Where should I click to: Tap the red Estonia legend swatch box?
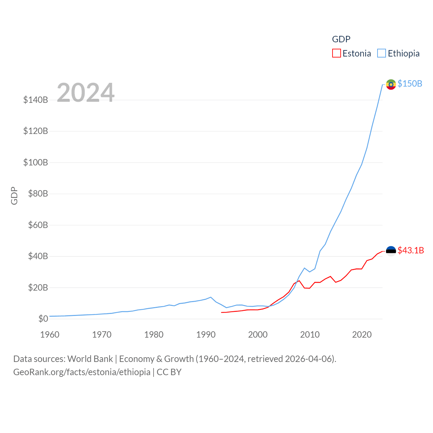click(336, 53)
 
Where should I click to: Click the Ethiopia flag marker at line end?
click(391, 84)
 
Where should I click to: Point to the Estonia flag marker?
click(391, 251)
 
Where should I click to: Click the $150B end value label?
click(410, 84)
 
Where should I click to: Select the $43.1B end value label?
click(411, 250)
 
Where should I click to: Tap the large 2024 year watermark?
click(86, 92)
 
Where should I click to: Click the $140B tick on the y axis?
click(36, 100)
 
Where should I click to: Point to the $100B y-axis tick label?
click(36, 162)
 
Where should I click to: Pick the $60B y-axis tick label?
click(38, 225)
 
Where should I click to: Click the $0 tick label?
click(43, 319)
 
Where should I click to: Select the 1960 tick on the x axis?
click(50, 335)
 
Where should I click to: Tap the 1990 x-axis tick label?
click(206, 335)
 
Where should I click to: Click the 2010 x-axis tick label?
click(310, 335)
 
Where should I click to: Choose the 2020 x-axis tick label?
click(362, 335)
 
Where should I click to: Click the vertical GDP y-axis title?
click(14, 196)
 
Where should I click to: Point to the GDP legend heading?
click(341, 39)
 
